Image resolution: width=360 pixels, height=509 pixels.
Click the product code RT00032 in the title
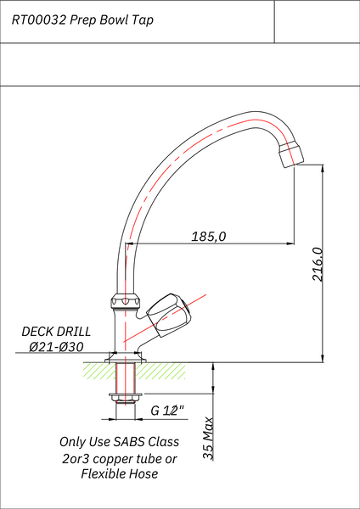(x=40, y=20)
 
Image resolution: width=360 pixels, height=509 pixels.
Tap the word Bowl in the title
(x=114, y=20)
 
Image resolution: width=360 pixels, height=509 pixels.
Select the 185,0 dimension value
(x=208, y=237)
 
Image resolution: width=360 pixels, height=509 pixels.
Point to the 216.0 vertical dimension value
(x=318, y=264)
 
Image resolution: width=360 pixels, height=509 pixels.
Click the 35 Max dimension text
(x=208, y=439)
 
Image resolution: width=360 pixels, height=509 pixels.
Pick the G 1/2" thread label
(x=167, y=411)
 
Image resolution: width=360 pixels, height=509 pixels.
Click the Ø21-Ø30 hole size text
(x=56, y=347)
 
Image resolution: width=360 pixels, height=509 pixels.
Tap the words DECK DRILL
(x=56, y=332)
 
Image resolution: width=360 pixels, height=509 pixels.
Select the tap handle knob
(x=169, y=315)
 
